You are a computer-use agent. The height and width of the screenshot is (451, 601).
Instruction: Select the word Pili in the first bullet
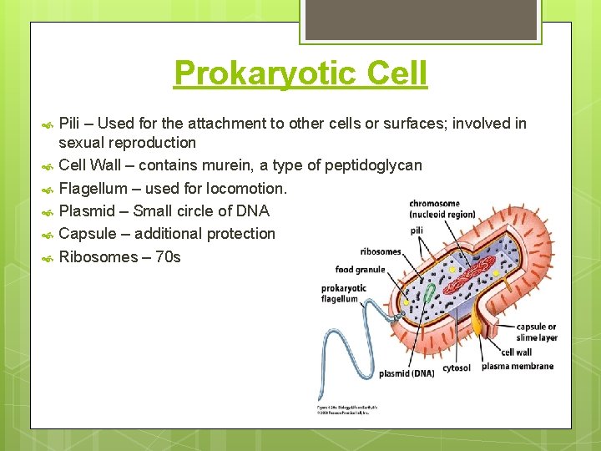click(x=72, y=124)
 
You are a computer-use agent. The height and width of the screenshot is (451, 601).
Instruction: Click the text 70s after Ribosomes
click(x=165, y=256)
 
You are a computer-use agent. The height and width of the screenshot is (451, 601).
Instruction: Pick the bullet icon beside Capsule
click(x=47, y=235)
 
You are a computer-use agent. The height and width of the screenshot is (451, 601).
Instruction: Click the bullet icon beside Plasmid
click(x=47, y=211)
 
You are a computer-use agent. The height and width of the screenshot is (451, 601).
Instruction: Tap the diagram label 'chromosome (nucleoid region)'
click(x=442, y=209)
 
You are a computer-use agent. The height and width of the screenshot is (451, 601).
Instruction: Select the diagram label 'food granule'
click(x=360, y=269)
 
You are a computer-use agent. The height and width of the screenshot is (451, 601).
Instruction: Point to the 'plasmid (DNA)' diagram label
click(x=406, y=373)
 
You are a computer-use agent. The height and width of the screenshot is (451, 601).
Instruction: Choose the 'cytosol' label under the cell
click(x=456, y=367)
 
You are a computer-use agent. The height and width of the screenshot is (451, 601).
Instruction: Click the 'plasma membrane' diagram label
click(x=517, y=366)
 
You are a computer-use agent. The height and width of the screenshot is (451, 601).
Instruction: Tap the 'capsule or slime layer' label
click(x=536, y=332)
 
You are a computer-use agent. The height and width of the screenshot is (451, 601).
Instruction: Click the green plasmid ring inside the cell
click(x=429, y=293)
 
